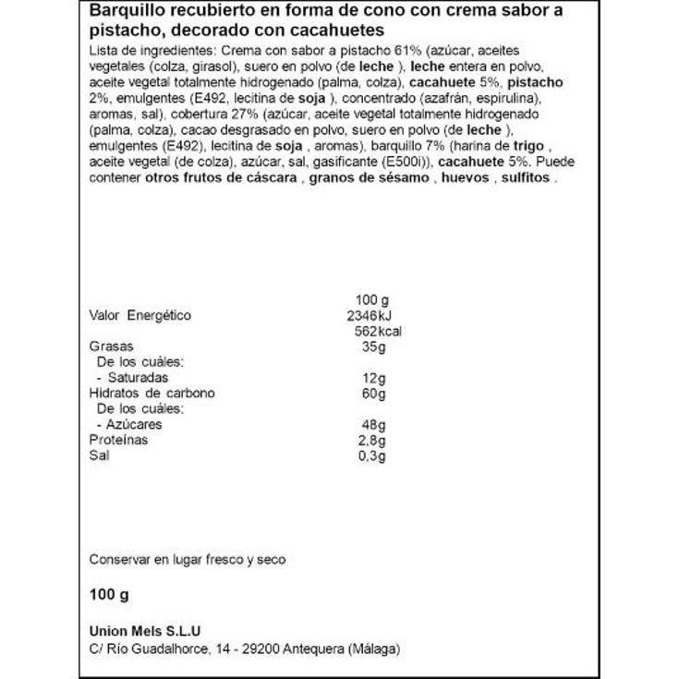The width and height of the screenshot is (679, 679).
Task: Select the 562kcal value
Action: pyautogui.click(x=377, y=332)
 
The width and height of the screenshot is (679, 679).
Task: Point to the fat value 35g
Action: pyautogui.click(x=373, y=347)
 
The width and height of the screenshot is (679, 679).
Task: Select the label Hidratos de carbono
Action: pyautogui.click(x=152, y=394)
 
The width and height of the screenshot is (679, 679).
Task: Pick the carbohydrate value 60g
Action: pyautogui.click(x=373, y=394)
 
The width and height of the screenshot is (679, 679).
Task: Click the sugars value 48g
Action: pyautogui.click(x=373, y=425)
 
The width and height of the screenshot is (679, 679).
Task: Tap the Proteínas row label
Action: pyautogui.click(x=118, y=441)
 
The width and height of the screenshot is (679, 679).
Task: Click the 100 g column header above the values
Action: pyautogui.click(x=373, y=300)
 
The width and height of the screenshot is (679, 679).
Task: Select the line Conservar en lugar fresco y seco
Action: pyautogui.click(x=188, y=560)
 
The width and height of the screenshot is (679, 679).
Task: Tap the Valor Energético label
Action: pyautogui.click(x=140, y=316)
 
